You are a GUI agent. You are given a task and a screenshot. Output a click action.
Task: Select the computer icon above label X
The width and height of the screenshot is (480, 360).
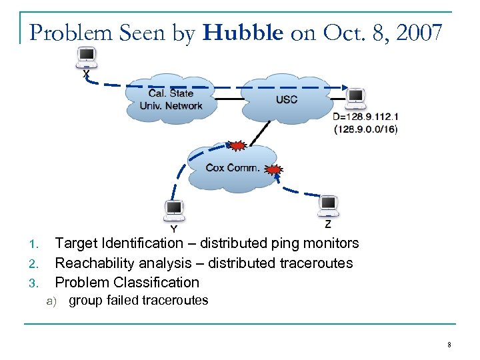[x=86, y=58]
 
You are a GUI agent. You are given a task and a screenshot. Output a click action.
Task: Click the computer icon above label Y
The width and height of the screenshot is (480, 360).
[x=174, y=211]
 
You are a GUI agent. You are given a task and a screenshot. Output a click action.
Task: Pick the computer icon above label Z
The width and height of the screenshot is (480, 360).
[x=328, y=206]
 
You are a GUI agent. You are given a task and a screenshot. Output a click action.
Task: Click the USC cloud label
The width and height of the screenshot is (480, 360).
[x=286, y=100]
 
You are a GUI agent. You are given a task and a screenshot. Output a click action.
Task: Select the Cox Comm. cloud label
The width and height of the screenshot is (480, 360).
[x=233, y=167]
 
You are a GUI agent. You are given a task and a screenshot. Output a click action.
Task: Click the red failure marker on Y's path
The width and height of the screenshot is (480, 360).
[x=235, y=145]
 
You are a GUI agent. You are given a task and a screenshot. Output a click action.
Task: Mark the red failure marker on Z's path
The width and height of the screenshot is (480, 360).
[x=273, y=171]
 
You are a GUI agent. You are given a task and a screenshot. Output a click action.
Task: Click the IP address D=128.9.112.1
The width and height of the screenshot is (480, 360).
[x=365, y=117]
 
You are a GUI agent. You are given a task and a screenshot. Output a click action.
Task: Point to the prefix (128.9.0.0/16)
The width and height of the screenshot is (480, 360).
[x=365, y=129]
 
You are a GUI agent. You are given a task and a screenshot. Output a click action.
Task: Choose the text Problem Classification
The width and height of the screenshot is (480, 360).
[x=127, y=282]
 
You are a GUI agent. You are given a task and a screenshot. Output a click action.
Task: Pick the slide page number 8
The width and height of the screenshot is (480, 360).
[x=449, y=345]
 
